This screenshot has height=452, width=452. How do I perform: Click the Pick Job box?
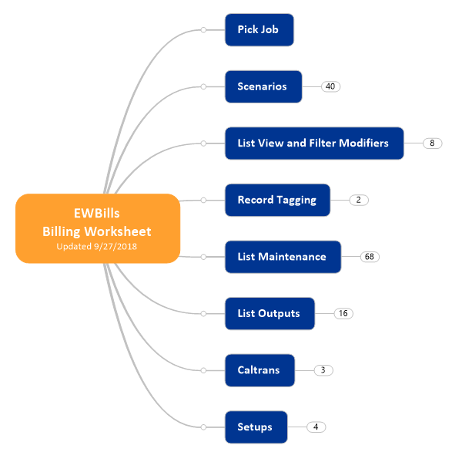(259, 30)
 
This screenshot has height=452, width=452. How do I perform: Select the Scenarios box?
(263, 86)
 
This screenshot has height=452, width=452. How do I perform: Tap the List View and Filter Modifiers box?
(314, 143)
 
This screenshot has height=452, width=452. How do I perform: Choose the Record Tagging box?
(278, 200)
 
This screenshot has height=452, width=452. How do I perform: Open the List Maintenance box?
(283, 257)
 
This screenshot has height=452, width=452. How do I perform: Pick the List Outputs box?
(270, 313)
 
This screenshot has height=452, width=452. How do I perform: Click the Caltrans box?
(259, 370)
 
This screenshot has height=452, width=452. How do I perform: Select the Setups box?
(256, 427)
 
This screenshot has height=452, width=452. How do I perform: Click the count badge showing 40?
(330, 86)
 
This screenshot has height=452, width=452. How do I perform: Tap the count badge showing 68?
(370, 257)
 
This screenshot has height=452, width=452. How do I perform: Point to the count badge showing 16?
(343, 313)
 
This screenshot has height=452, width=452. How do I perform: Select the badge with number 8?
(433, 143)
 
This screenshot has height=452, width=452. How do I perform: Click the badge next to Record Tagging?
(359, 200)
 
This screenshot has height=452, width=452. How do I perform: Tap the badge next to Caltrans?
(323, 370)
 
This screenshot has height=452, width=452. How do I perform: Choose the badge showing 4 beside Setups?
(316, 427)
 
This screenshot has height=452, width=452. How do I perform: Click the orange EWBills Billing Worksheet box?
(98, 228)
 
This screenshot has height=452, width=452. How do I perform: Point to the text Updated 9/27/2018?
(97, 246)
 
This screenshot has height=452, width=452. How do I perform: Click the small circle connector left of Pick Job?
(203, 30)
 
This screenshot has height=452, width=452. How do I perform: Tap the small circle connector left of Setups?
(203, 427)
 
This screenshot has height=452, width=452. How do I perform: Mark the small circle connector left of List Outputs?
(203, 313)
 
